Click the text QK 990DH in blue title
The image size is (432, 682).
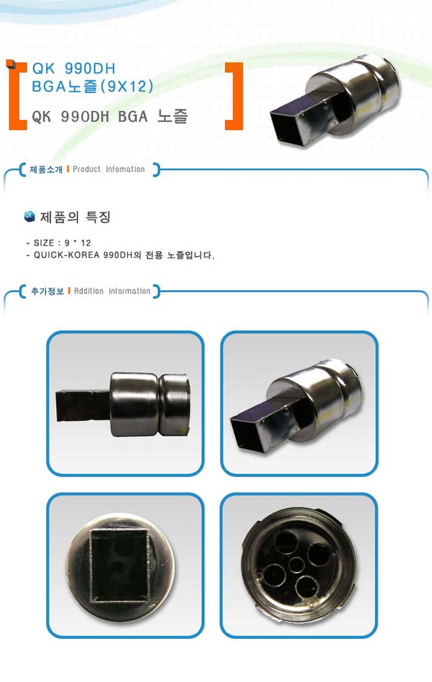point(73,69)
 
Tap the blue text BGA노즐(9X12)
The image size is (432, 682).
point(93,86)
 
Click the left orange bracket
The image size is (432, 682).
point(16,96)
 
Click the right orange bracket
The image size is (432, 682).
point(234,96)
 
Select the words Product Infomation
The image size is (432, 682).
point(109,169)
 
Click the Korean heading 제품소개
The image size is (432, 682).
point(46,169)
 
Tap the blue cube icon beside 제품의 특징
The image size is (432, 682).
point(29,216)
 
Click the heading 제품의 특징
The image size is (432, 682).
point(75,217)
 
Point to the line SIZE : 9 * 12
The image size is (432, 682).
point(58,243)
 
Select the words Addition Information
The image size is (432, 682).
point(112,291)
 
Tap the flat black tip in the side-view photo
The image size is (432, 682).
point(83,405)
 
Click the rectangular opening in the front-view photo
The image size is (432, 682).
point(118,565)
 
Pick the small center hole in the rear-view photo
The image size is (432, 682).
point(297,565)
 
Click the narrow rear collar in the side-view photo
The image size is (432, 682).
point(174,404)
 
